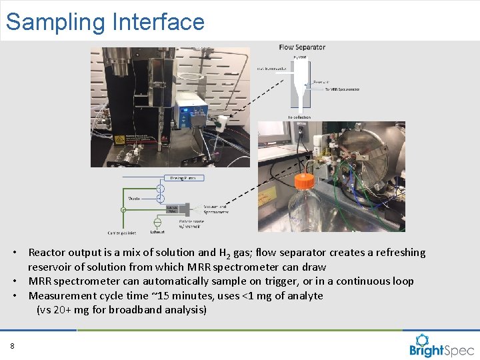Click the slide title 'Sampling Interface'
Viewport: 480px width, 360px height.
(105, 22)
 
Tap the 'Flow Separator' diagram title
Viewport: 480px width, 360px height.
(302, 47)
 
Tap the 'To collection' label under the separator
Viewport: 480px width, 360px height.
(299, 117)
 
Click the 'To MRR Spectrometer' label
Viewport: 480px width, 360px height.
(339, 89)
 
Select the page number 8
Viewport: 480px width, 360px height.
(12, 345)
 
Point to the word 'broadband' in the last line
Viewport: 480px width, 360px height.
(131, 310)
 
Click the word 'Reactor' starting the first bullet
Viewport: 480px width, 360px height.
(47, 253)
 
